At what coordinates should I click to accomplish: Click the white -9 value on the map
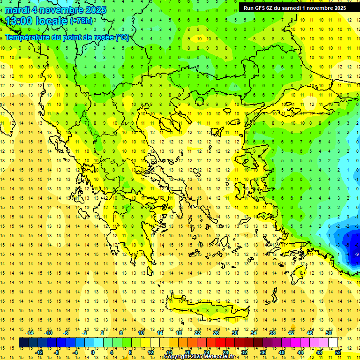point(357,254)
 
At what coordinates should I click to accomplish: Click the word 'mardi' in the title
point(18,10)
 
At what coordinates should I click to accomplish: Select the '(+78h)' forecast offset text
point(81,21)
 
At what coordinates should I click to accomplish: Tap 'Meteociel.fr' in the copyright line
point(219,357)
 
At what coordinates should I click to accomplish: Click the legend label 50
point(328,332)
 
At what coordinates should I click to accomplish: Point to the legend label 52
point(337,352)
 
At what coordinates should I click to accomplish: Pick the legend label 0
point(93,352)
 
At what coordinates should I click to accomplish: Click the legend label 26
point(216,332)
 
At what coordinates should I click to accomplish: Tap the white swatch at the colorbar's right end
point(333,343)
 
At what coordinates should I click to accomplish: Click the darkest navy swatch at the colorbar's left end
point(23,343)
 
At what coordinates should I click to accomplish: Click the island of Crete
point(211,311)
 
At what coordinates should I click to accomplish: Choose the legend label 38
point(272,332)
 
